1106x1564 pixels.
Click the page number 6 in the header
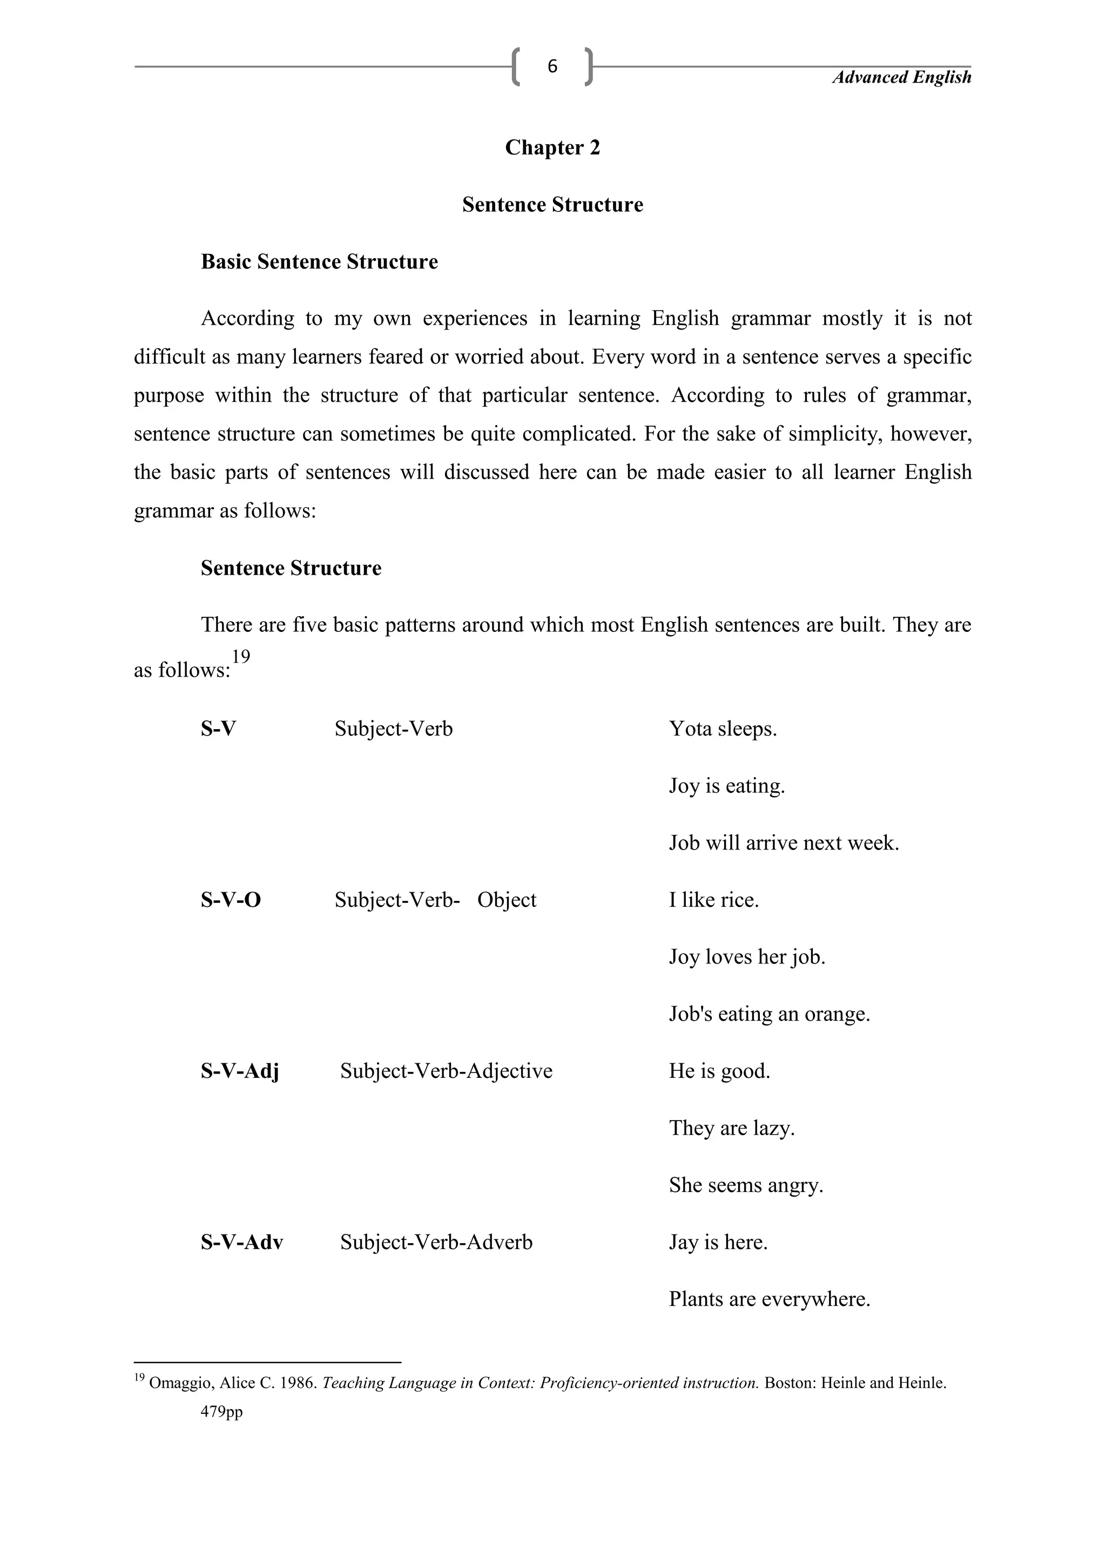[x=552, y=66]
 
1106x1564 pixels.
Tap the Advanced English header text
[x=902, y=78]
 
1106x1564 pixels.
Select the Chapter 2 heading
[x=552, y=148]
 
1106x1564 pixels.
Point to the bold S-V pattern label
[x=218, y=729]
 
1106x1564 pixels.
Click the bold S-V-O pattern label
[x=230, y=900]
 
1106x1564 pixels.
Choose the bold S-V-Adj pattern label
[x=240, y=1071]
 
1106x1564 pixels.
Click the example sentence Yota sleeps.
[x=723, y=729]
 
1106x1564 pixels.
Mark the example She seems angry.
[x=746, y=1185]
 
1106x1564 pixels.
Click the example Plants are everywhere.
[x=770, y=1299]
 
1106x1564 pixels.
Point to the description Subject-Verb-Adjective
[x=446, y=1071]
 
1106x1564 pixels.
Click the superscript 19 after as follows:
[x=240, y=657]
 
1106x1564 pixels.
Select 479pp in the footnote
[x=221, y=1412]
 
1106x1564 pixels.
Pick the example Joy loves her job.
[x=747, y=957]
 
